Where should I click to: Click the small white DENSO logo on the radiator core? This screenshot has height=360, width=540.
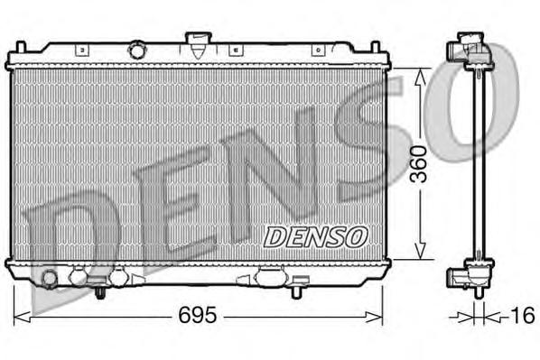tap(315, 235)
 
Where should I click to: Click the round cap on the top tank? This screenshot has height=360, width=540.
tap(137, 47)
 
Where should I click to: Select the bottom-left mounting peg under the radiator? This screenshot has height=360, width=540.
tap(101, 293)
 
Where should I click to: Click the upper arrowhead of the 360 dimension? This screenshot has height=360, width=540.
tap(418, 77)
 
